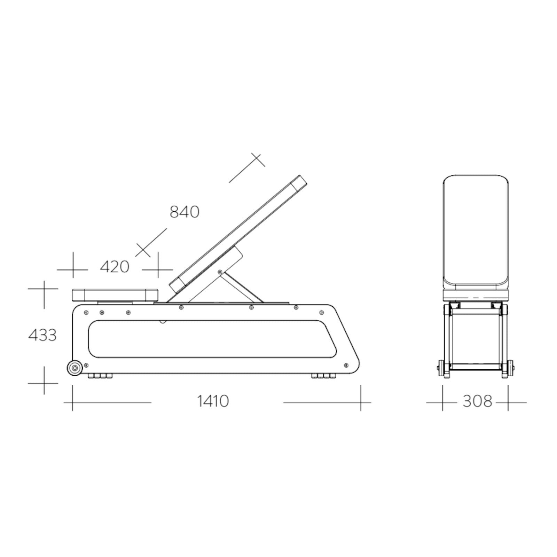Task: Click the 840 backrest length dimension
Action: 185,212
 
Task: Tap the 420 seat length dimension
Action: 115,267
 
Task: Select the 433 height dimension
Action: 42,335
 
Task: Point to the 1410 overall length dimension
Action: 213,401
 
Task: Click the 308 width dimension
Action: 477,401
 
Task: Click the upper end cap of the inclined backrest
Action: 299,183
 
